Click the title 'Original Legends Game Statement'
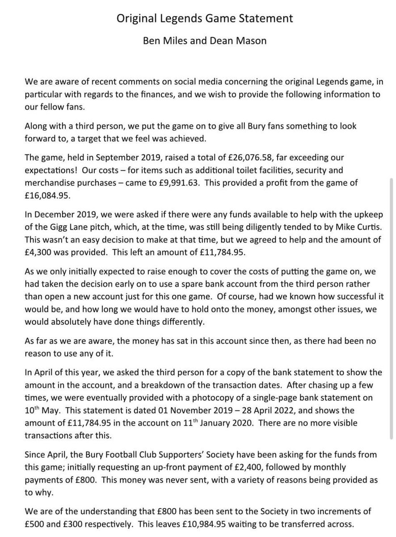[x=205, y=19]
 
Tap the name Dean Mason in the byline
[x=241, y=41]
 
